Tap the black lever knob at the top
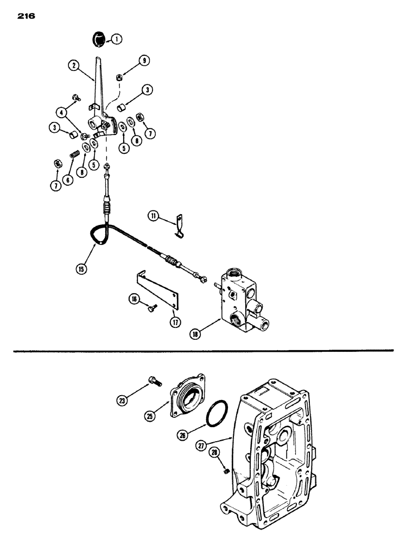click(98, 40)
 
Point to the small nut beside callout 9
click(119, 78)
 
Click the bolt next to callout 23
click(155, 382)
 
